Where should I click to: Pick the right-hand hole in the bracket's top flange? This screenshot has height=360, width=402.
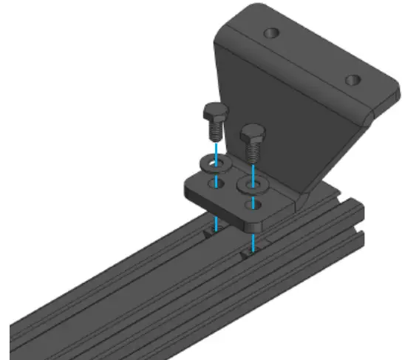click(353, 79)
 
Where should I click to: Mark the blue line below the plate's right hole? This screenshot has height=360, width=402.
click(253, 240)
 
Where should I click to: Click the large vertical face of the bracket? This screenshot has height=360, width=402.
click(281, 118)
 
